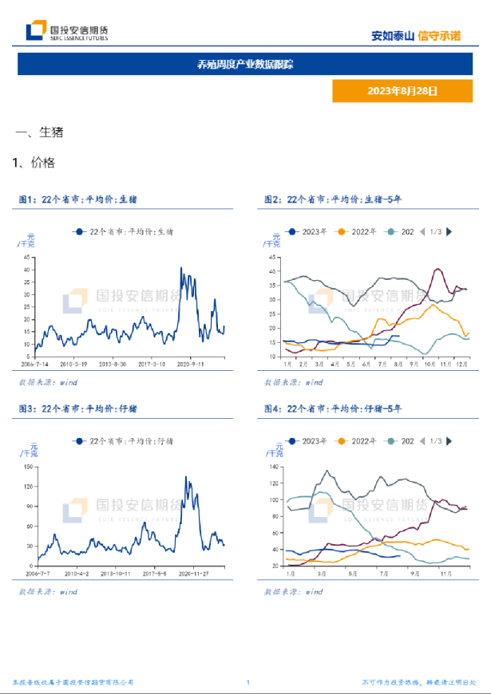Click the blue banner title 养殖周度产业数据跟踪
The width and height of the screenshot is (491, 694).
(x=245, y=65)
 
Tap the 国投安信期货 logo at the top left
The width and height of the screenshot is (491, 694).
(x=67, y=31)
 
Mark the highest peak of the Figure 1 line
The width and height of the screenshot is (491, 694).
(x=181, y=268)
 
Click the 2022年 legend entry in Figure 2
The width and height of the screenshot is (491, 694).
(x=358, y=231)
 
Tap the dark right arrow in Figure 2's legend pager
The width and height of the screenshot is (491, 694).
(x=449, y=231)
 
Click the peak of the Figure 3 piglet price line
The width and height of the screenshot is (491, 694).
(x=186, y=477)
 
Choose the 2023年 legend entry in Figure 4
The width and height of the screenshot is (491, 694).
(x=308, y=441)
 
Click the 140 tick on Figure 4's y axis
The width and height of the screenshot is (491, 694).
(x=275, y=467)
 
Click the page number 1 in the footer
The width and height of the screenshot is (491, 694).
(x=248, y=683)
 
